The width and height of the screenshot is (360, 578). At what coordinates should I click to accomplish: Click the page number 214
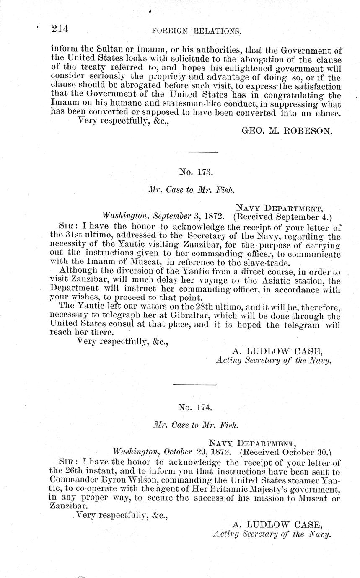coord(60,29)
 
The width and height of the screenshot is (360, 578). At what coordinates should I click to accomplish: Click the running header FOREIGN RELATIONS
coord(196,31)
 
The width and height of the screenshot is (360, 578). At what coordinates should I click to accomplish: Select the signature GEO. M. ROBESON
coord(287,131)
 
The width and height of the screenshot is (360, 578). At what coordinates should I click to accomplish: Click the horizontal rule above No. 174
coord(194,384)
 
